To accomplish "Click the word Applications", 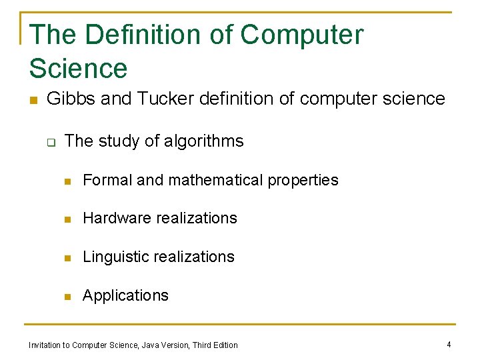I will coord(125,296).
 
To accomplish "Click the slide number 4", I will coord(449,344).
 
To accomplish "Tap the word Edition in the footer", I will coord(226,345).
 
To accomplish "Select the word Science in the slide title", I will coord(78,68).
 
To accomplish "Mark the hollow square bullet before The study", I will coord(50,142).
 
